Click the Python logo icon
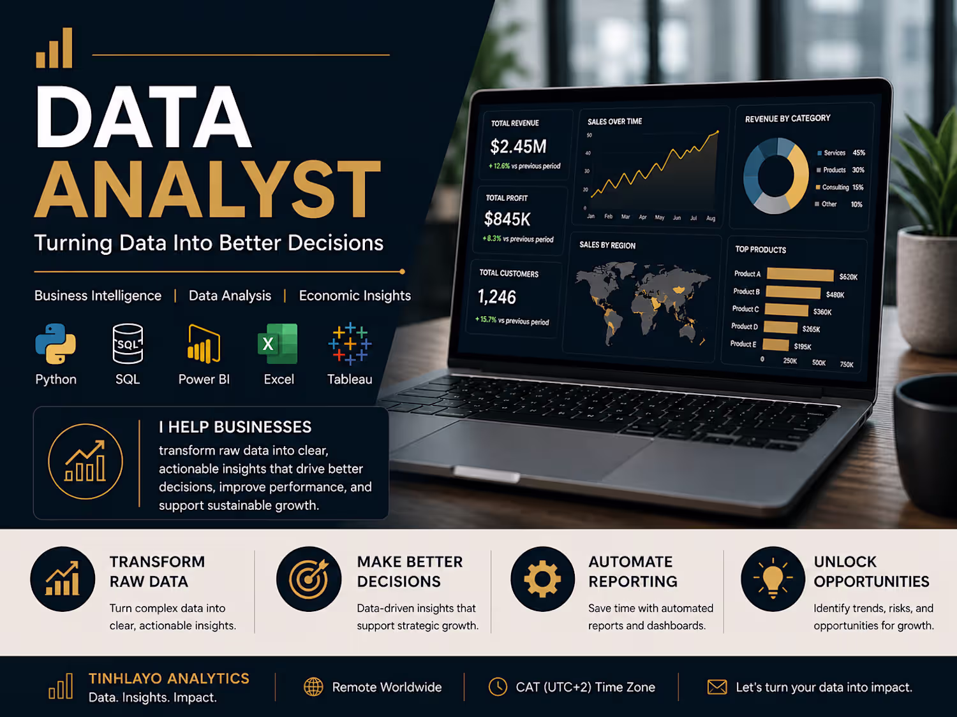(56, 344)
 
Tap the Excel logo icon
(278, 344)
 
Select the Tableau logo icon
(350, 344)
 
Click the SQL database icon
(128, 344)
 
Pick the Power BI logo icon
(204, 344)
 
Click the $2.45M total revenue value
(518, 147)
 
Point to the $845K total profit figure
(507, 219)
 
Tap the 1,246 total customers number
(496, 297)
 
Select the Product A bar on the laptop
(801, 275)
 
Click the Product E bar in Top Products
(776, 345)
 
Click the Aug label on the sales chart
(711, 218)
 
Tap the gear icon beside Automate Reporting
(542, 579)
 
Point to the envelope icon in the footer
(716, 687)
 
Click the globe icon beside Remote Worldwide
(313, 687)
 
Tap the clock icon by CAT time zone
(498, 686)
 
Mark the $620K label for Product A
(849, 277)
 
